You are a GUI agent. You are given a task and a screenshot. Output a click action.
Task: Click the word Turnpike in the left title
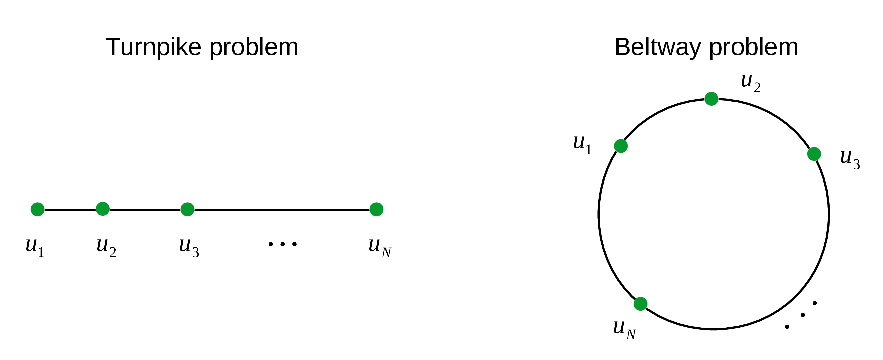(x=154, y=47)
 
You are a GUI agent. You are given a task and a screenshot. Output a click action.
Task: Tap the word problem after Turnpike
(x=254, y=47)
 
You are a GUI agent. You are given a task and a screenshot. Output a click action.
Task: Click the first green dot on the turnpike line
(x=38, y=209)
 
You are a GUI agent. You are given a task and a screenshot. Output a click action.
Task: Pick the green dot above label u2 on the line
(x=103, y=209)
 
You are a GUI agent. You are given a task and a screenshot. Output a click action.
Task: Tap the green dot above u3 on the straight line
(x=187, y=209)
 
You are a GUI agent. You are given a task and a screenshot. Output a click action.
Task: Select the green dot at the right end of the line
(x=376, y=209)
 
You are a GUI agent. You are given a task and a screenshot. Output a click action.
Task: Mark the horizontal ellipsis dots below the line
(x=282, y=244)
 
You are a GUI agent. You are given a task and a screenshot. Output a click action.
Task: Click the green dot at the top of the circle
(x=711, y=99)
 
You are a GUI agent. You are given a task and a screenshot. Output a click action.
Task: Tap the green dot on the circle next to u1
(x=621, y=146)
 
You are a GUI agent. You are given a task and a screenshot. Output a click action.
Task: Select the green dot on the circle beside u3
(x=814, y=154)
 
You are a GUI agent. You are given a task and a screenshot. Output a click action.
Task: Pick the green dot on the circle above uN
(x=641, y=304)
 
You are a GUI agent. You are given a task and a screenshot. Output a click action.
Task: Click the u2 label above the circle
(x=750, y=83)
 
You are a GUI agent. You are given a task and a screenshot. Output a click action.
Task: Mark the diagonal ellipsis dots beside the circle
(x=803, y=315)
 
